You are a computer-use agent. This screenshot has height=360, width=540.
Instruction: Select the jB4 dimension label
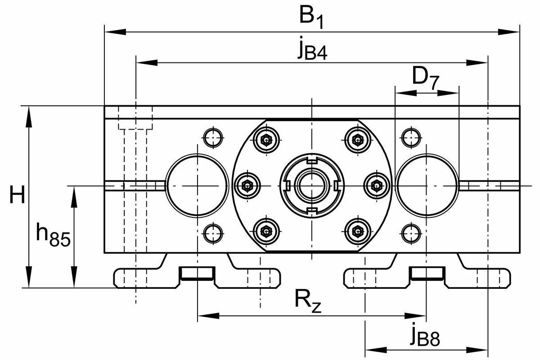pos(312,50)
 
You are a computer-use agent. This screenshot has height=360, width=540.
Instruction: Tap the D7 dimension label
pos(426,78)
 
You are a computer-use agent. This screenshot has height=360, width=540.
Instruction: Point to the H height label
pos(17,196)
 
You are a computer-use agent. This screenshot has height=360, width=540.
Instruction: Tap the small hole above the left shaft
pos(212,137)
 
